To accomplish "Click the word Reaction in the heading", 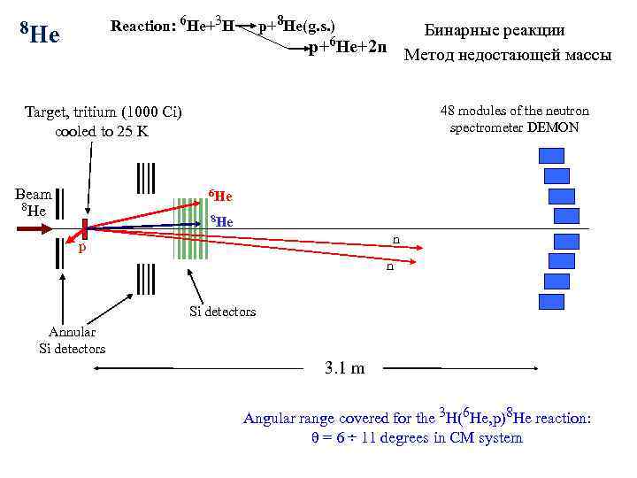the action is pyautogui.click(x=139, y=25).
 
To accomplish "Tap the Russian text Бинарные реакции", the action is pyautogui.click(x=506, y=30).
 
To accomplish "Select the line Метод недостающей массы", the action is pyautogui.click(x=507, y=55).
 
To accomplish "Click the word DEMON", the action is pyautogui.click(x=554, y=127).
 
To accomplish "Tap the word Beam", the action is pyautogui.click(x=34, y=194).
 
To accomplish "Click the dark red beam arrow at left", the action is pyautogui.click(x=38, y=228).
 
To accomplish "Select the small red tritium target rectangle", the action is pyautogui.click(x=86, y=228).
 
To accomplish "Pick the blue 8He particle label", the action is pyautogui.click(x=221, y=221).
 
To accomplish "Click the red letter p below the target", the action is pyautogui.click(x=82, y=249).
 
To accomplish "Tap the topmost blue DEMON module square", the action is pyautogui.click(x=551, y=156).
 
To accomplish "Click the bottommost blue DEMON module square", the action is pyautogui.click(x=551, y=301).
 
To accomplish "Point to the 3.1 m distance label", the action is pyautogui.click(x=345, y=368).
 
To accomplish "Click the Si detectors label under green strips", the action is pyautogui.click(x=223, y=312).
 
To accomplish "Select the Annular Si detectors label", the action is pyautogui.click(x=73, y=340).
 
